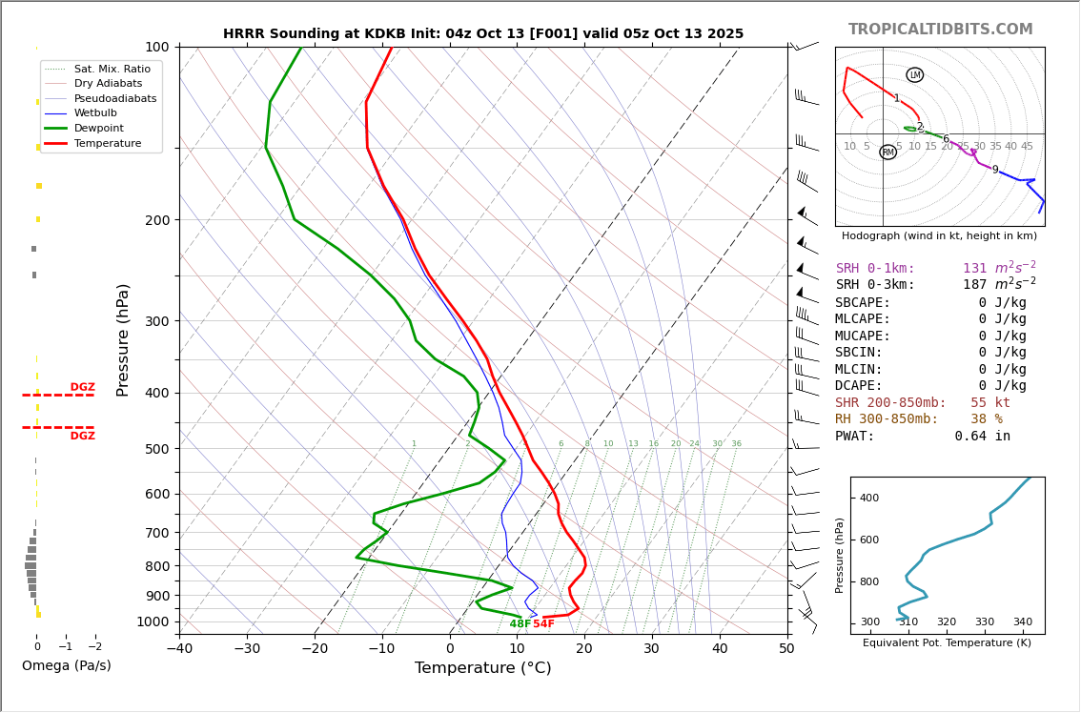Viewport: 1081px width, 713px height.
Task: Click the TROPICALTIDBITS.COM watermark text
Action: click(940, 30)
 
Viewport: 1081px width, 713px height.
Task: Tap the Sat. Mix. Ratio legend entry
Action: click(112, 69)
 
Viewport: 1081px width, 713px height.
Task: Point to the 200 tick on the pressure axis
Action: click(157, 220)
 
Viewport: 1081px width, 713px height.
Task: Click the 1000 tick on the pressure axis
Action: click(153, 621)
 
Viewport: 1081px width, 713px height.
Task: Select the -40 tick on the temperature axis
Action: click(179, 649)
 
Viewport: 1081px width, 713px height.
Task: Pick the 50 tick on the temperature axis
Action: click(786, 649)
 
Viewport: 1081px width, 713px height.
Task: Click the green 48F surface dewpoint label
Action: click(520, 624)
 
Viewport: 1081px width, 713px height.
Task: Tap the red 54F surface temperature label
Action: click(543, 624)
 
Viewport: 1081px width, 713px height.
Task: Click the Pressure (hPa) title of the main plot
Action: click(123, 339)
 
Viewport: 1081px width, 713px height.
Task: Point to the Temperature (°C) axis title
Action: click(482, 668)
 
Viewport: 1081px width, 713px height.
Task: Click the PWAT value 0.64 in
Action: click(983, 437)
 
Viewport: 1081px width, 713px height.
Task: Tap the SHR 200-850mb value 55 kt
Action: click(990, 403)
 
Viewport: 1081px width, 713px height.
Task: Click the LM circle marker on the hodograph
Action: click(915, 75)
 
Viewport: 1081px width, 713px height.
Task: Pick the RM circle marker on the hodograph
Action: click(888, 153)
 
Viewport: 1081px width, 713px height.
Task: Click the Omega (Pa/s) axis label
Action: click(67, 666)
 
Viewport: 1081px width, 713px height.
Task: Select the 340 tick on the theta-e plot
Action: click(1022, 622)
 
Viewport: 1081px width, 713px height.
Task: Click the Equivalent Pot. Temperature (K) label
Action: click(947, 643)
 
